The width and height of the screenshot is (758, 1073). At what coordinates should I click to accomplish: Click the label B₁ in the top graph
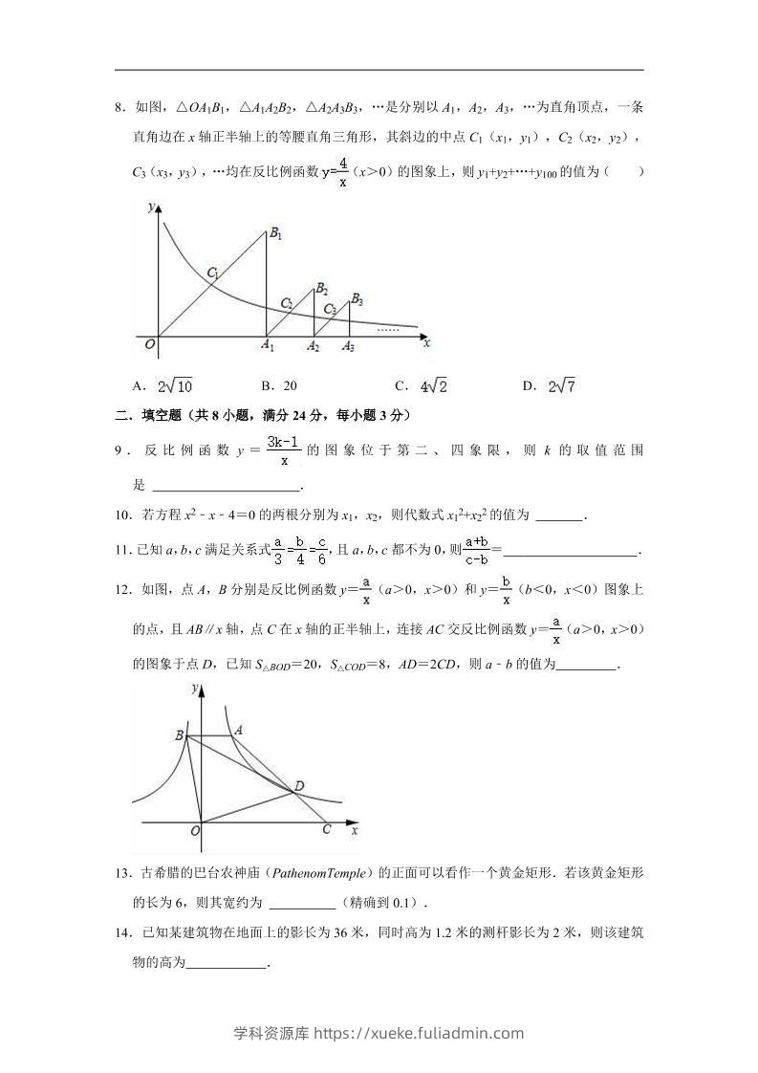click(x=275, y=233)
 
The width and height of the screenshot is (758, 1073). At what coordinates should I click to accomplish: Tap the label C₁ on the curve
click(x=213, y=274)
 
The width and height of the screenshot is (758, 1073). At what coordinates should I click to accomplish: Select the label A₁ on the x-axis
click(x=269, y=346)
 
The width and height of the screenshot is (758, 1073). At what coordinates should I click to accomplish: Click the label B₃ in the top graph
click(x=357, y=299)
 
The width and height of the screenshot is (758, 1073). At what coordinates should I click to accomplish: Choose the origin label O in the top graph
click(x=149, y=344)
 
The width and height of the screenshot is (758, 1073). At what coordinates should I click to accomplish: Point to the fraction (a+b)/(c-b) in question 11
click(x=476, y=550)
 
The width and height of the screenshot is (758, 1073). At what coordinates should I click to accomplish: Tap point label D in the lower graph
click(x=299, y=786)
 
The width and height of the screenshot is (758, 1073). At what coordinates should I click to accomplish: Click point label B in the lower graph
click(x=179, y=734)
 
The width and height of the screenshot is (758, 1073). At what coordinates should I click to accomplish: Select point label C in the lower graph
click(x=326, y=829)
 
